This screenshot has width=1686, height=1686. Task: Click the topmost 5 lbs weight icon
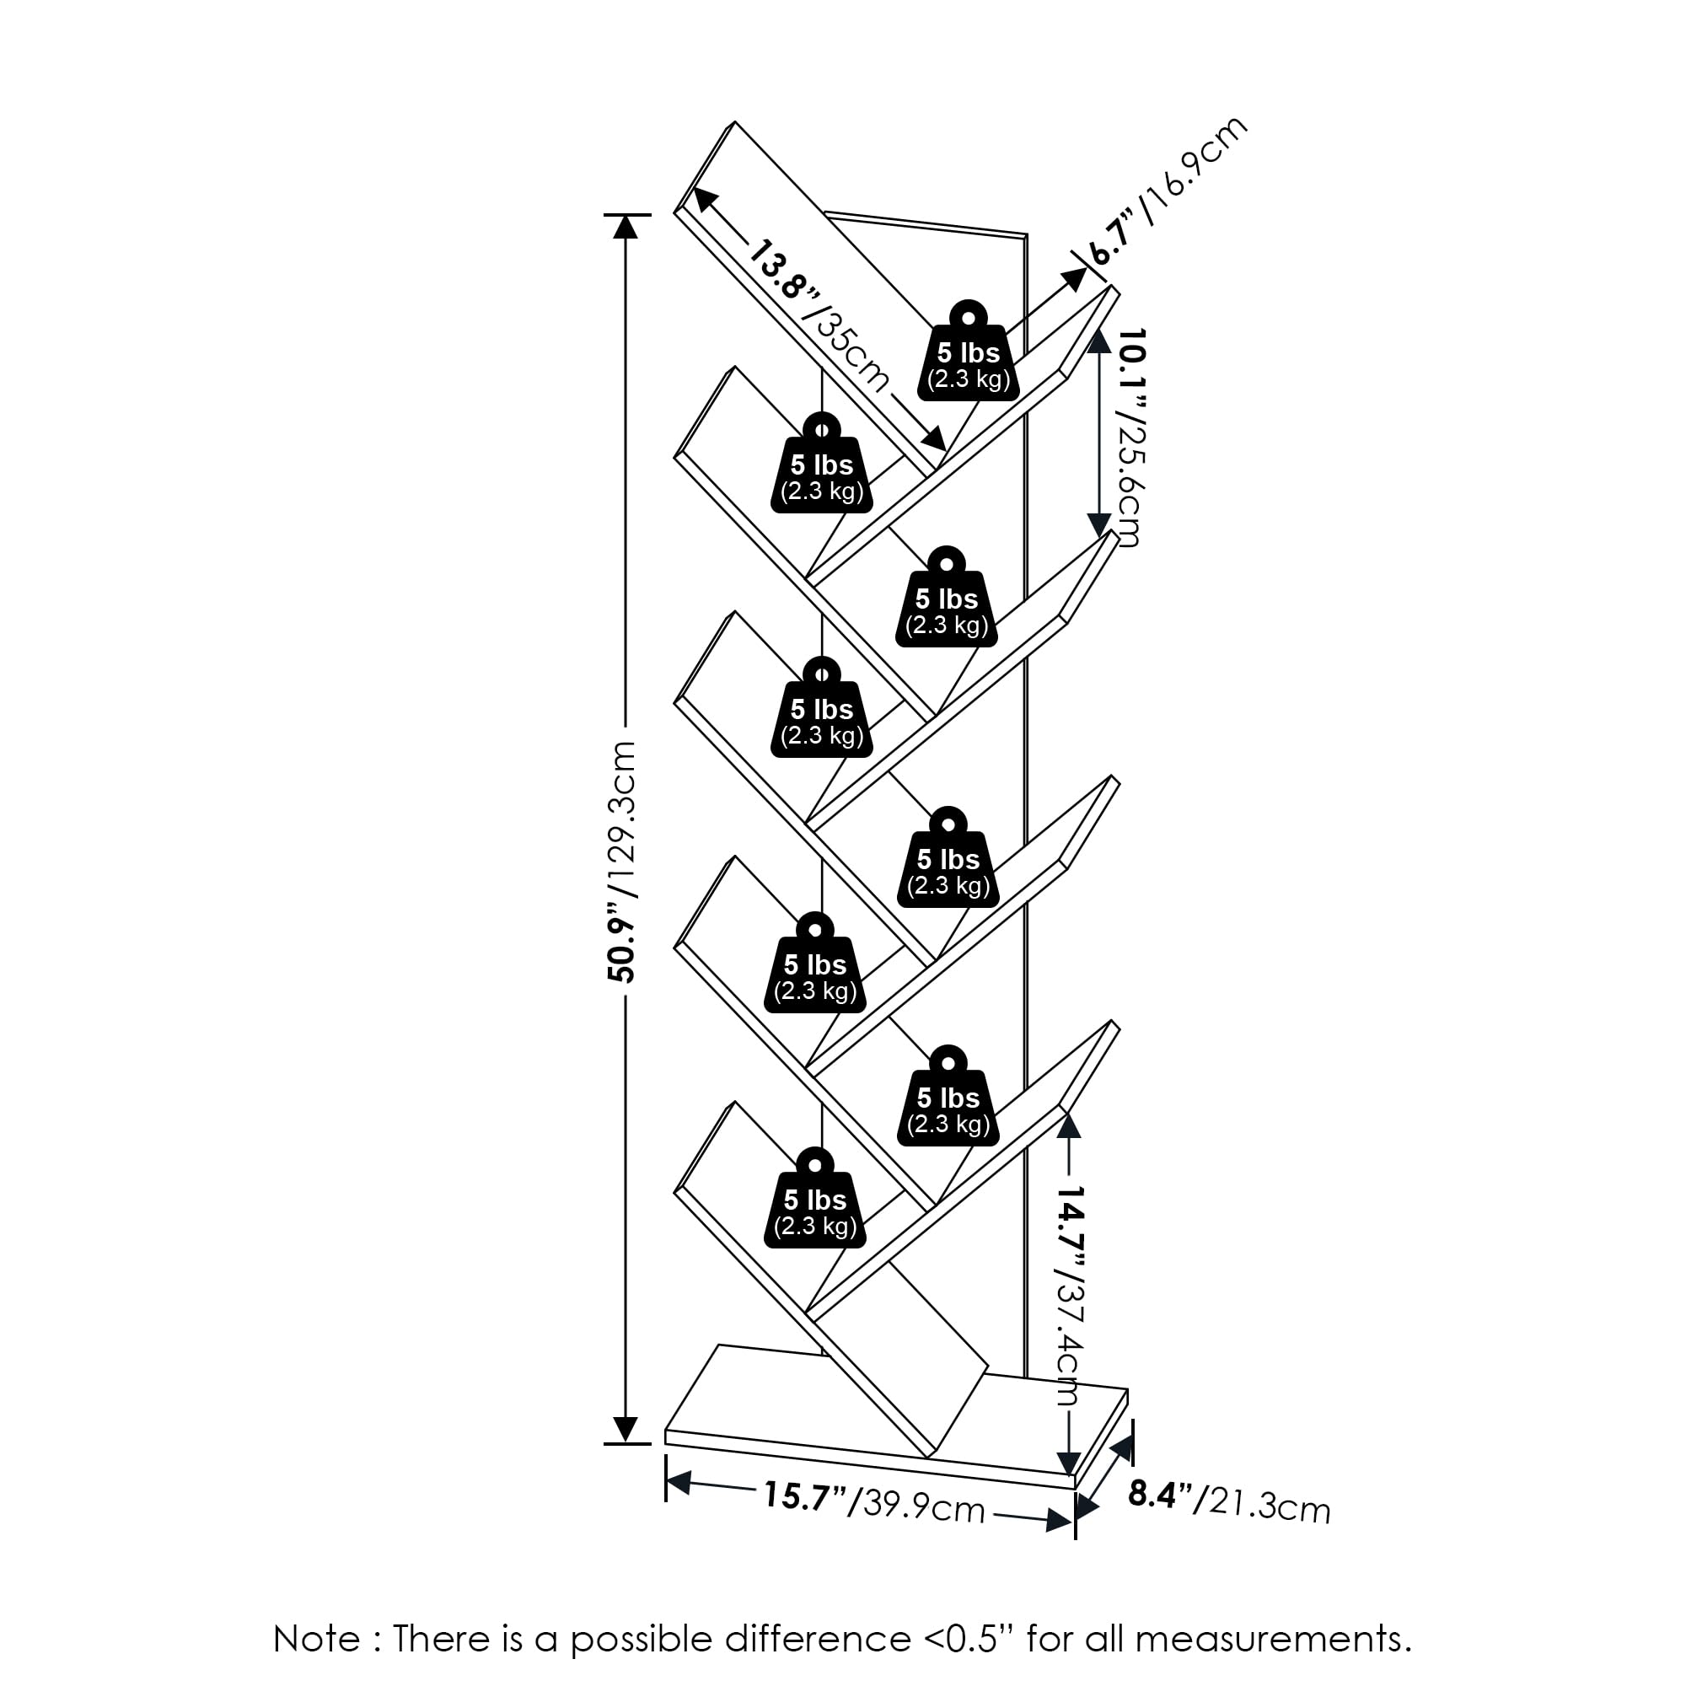pyautogui.click(x=969, y=353)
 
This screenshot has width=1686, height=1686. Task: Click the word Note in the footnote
pyautogui.click(x=317, y=1639)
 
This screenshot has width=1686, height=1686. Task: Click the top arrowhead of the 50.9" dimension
pyautogui.click(x=625, y=226)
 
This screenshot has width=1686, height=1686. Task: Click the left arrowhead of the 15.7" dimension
pyautogui.click(x=678, y=1481)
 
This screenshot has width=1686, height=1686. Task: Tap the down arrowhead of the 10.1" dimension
pyautogui.click(x=1098, y=524)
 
